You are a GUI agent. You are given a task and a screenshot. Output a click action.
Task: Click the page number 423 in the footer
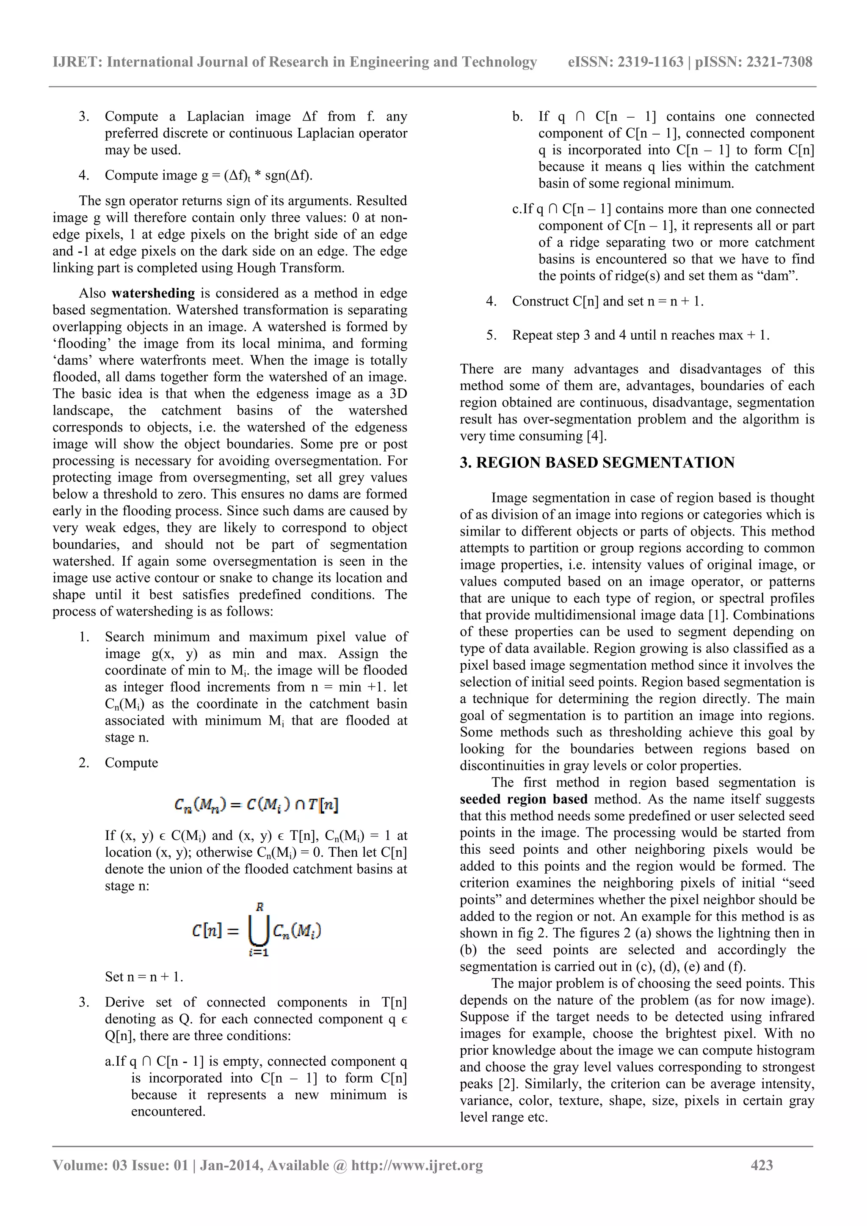click(761, 1165)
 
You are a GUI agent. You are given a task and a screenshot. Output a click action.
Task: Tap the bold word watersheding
click(153, 293)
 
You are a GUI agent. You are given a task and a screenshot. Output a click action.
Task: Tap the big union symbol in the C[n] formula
click(259, 931)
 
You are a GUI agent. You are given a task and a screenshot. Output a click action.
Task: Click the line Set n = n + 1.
click(144, 977)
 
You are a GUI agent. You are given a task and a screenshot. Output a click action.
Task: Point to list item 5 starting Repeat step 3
click(640, 335)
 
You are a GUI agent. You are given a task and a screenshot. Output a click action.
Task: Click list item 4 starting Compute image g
click(208, 176)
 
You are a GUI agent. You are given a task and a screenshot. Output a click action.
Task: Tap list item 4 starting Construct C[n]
click(607, 302)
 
